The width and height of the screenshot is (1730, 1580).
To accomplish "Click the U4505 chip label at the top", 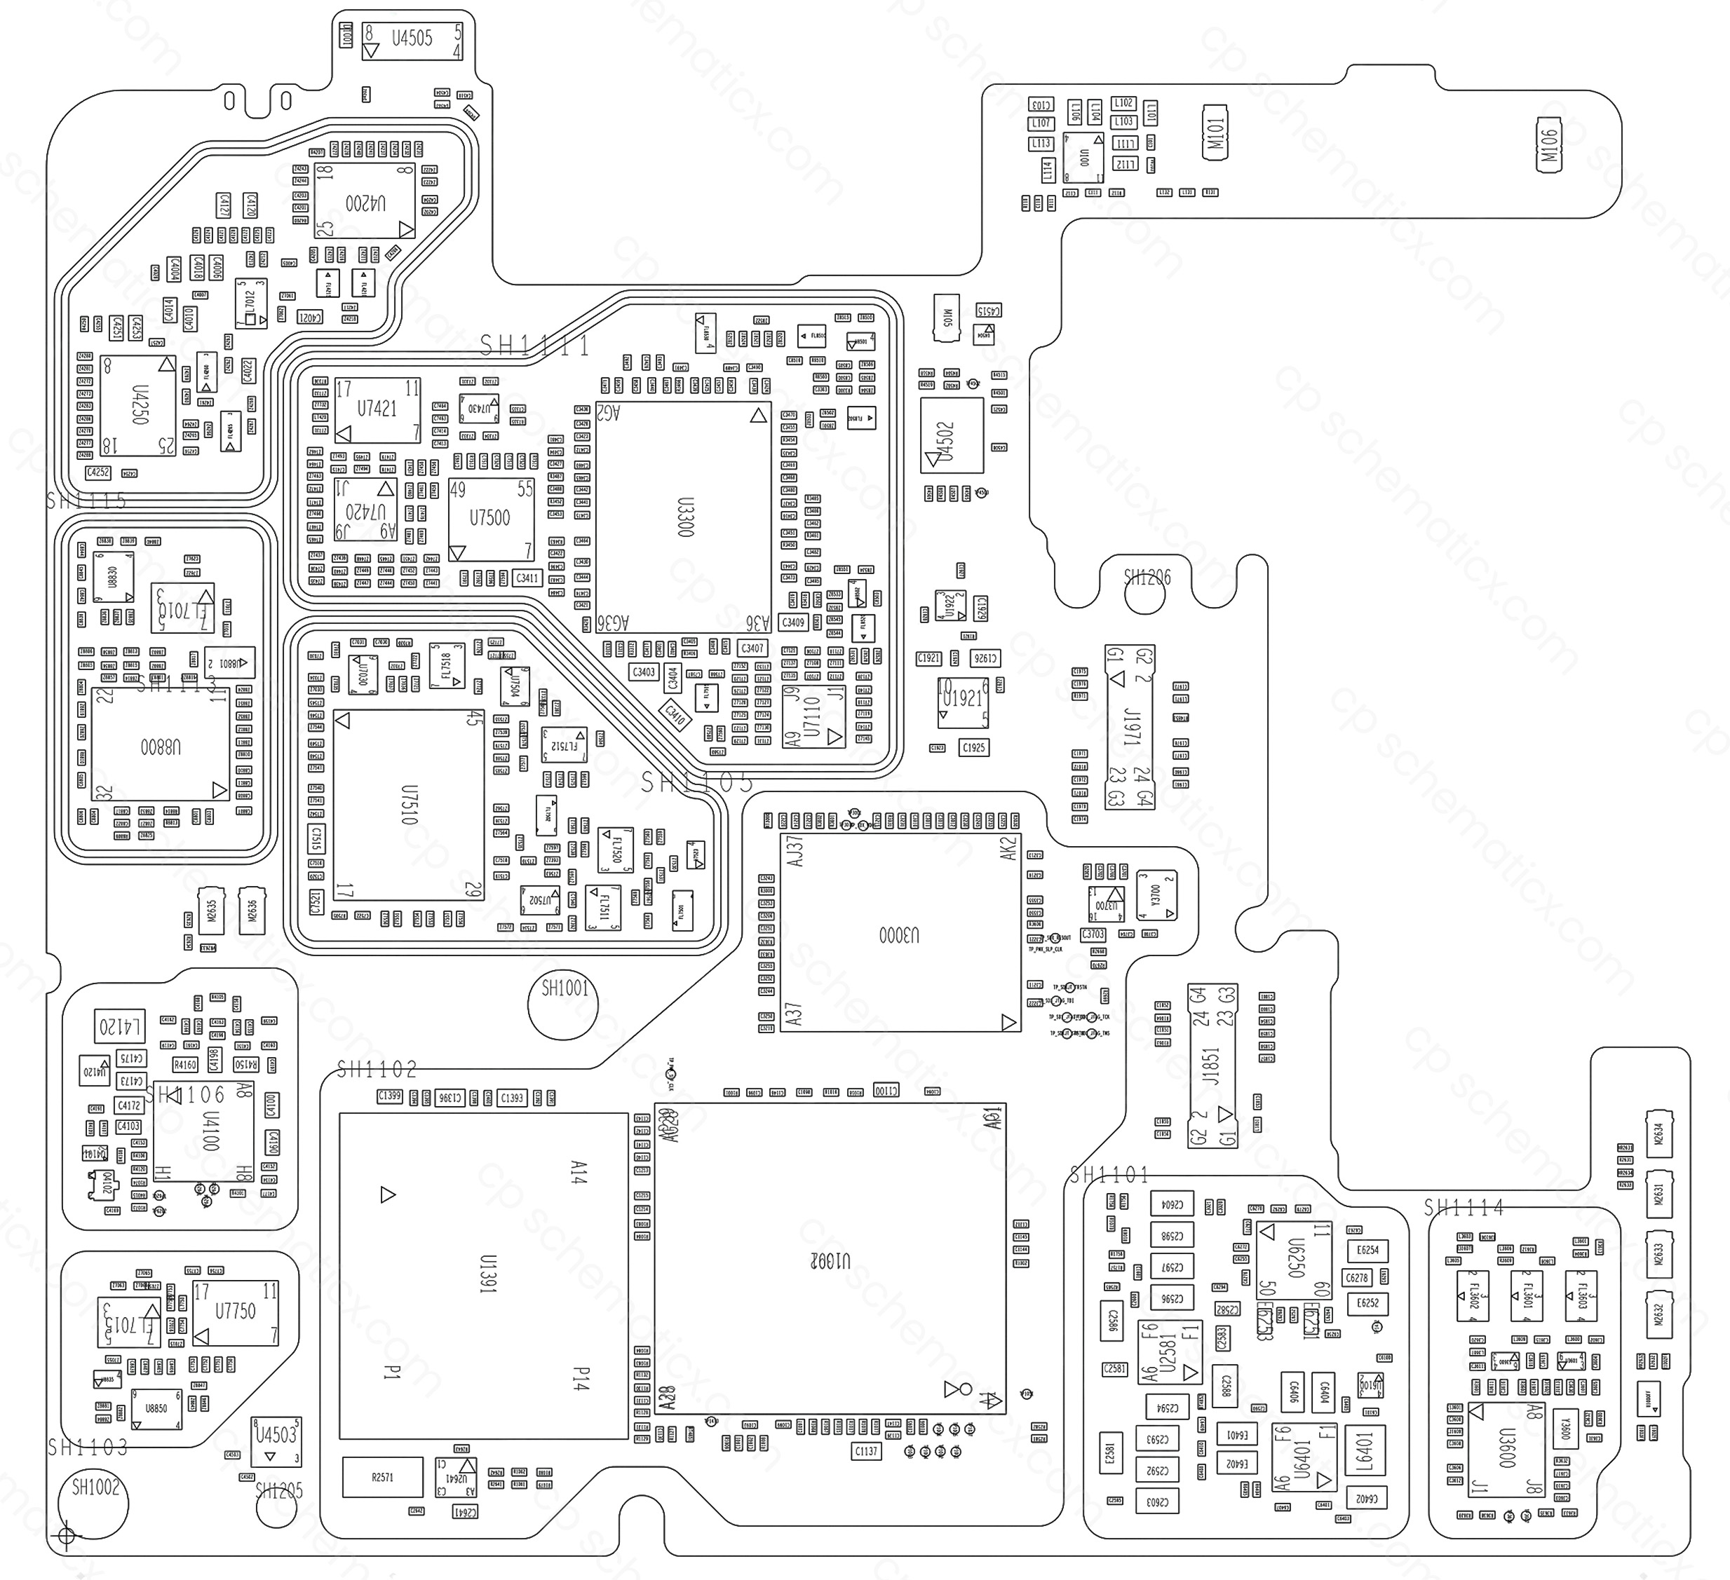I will pos(412,38).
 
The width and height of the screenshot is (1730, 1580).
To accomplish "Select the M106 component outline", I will pos(1549,145).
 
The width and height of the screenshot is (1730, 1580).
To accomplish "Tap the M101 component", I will pos(1215,132).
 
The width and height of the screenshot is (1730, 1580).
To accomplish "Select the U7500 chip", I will pos(490,518).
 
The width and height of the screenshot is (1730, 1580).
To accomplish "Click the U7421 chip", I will pos(377,409).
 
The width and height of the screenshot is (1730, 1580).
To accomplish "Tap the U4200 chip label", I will pos(365,203).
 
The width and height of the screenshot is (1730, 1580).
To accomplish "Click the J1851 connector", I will pos(1212,1065).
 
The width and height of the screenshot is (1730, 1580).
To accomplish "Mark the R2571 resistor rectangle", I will pos(382,1477).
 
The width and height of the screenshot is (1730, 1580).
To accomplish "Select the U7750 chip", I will pos(235,1312).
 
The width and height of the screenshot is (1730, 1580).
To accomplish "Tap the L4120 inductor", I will pos(119,1026).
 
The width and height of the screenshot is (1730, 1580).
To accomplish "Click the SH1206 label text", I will pos(1147,578).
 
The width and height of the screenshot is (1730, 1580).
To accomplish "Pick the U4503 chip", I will pos(276,1442).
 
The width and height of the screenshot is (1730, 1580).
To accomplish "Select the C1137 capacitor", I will pos(866,1450).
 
